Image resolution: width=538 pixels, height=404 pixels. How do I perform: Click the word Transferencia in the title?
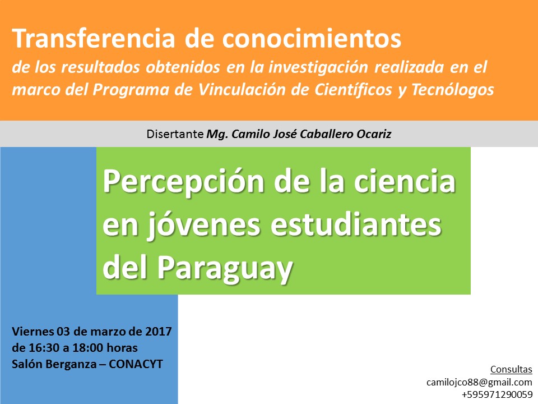94,38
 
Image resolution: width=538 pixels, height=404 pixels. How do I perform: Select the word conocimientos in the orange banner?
311,38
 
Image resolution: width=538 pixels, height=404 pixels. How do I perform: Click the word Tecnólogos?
452,90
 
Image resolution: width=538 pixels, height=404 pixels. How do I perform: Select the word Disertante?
175,134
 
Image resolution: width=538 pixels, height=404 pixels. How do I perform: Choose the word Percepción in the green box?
183,182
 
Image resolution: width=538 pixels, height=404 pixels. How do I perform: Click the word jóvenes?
204,226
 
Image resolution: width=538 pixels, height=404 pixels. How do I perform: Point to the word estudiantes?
356,224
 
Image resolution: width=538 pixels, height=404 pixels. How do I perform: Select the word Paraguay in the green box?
225,269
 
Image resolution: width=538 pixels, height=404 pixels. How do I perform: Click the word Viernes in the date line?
33,332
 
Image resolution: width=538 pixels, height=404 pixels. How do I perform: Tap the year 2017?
158,332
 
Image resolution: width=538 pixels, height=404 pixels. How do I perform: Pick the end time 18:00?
88,348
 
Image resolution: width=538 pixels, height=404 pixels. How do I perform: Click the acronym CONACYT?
136,364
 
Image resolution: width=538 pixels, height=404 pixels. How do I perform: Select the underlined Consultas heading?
511,369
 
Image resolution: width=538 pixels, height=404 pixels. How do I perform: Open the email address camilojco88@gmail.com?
479,382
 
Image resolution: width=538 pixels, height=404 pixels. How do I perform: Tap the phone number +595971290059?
497,394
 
